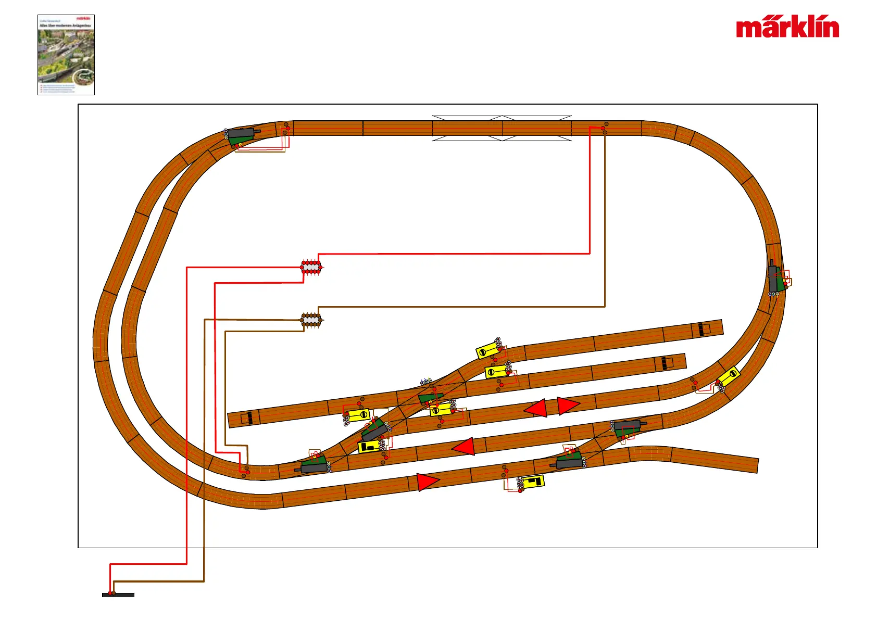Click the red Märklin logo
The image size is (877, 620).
[x=787, y=28]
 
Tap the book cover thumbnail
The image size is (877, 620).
[x=66, y=55]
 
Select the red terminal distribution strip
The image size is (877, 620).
[x=311, y=268]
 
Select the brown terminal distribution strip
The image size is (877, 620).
[x=311, y=320]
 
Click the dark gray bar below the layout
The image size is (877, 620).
[x=118, y=595]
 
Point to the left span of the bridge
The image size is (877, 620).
[x=467, y=128]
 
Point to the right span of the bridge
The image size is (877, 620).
[x=537, y=128]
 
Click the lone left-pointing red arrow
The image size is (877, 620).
[x=463, y=447]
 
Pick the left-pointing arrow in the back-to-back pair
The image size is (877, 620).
[x=536, y=409]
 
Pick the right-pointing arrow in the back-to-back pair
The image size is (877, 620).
[x=568, y=405]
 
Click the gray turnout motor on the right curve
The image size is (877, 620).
[x=773, y=278]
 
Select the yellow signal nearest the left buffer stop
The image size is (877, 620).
[x=358, y=415]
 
